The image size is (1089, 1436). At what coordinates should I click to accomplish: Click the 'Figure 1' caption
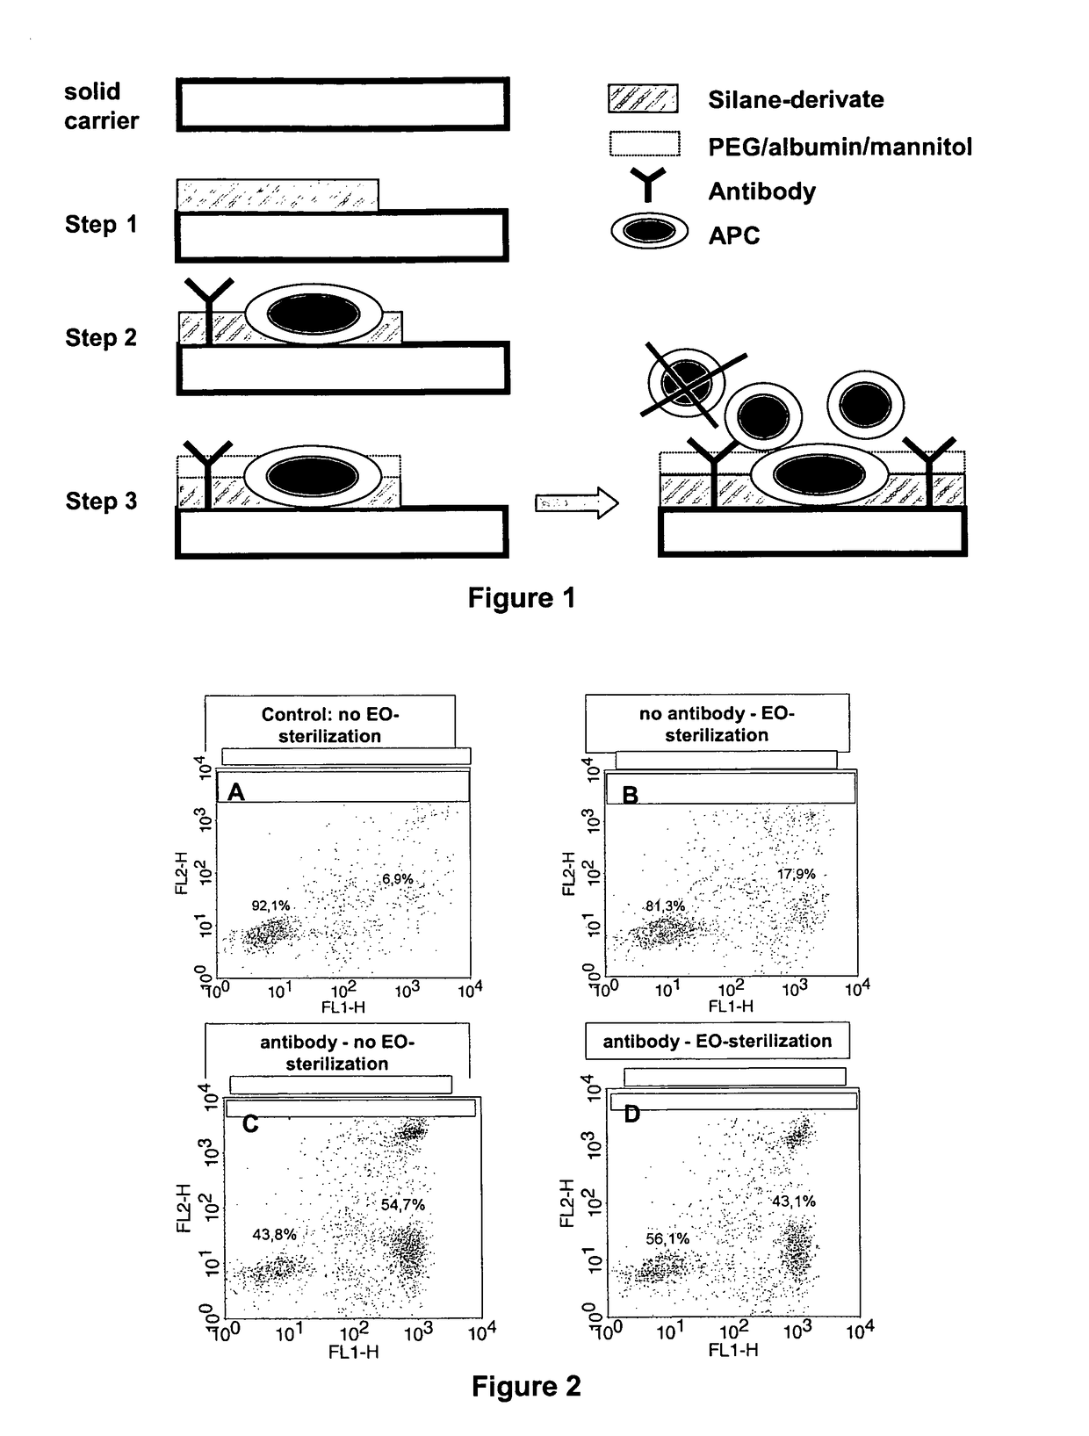tap(522, 598)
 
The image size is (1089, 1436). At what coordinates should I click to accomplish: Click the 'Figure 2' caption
tap(526, 1387)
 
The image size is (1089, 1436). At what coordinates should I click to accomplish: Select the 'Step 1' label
tap(101, 225)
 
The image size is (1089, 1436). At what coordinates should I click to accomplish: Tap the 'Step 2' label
tap(101, 338)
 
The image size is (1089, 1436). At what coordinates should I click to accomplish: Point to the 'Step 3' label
tap(101, 502)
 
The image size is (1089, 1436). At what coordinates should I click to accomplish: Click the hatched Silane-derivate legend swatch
tap(643, 98)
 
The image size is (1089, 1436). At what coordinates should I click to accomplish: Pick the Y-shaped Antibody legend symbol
tap(648, 185)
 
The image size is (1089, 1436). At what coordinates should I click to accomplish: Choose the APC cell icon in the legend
tap(649, 232)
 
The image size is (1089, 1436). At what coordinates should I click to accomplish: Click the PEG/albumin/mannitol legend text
tap(840, 147)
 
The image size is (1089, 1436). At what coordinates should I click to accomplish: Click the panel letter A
tap(235, 792)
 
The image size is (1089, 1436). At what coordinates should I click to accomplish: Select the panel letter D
tap(631, 1115)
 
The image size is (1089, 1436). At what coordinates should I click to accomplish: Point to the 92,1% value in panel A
tap(270, 906)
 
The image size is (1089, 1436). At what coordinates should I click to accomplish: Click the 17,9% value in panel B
tap(796, 874)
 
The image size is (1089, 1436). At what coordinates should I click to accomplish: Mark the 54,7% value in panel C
tap(402, 1205)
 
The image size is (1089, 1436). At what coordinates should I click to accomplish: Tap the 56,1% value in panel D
tap(667, 1238)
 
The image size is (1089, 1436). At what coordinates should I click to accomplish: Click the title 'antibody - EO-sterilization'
tap(717, 1042)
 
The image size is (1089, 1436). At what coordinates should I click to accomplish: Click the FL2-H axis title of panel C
tap(184, 1208)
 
